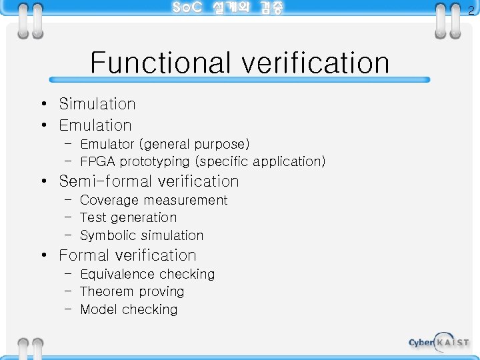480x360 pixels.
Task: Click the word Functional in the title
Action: click(163, 63)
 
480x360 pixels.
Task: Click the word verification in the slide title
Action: click(315, 63)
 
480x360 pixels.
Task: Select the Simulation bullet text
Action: click(97, 104)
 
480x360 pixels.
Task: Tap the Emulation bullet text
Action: click(95, 125)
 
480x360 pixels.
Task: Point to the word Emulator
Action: click(107, 145)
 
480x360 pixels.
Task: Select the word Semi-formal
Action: click(102, 181)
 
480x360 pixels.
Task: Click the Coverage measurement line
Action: click(153, 201)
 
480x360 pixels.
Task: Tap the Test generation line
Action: click(128, 218)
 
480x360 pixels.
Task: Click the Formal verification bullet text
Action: click(127, 255)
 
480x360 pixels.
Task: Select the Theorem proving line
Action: click(131, 292)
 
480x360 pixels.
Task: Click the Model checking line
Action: click(129, 309)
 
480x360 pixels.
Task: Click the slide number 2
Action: click(471, 10)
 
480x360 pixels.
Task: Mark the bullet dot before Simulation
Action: click(43, 105)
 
